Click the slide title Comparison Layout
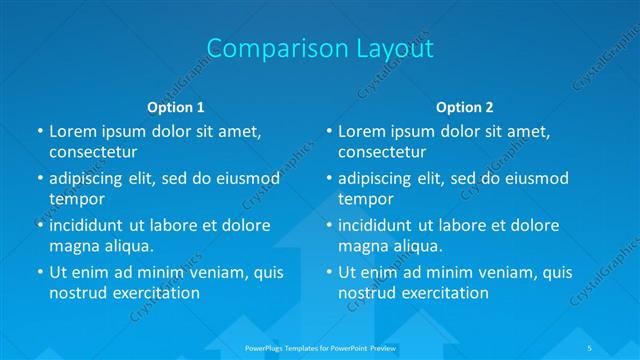(319, 48)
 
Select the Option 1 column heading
(176, 106)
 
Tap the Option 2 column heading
(465, 106)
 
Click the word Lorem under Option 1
(73, 131)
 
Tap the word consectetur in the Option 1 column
(93, 152)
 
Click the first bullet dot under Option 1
(39, 131)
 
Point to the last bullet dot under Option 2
(328, 272)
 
